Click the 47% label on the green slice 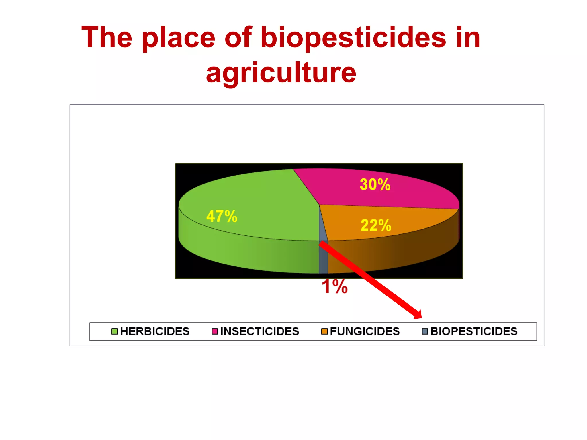pos(222,216)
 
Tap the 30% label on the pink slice pos(375,184)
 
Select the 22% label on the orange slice pos(376,225)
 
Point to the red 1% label pos(334,286)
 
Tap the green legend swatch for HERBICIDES pos(114,331)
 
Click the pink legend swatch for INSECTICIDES pos(215,331)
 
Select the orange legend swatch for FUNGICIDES pos(324,331)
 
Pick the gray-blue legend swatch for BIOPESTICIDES pos(425,331)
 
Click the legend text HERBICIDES pos(155,331)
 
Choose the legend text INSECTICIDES pos(260,331)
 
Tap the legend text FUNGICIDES pos(365,331)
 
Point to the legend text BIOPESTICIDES pos(474,331)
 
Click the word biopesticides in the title pos(353,37)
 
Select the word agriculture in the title pos(281,73)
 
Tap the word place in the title pos(178,37)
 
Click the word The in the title pos(107,37)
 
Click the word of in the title pos(238,37)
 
